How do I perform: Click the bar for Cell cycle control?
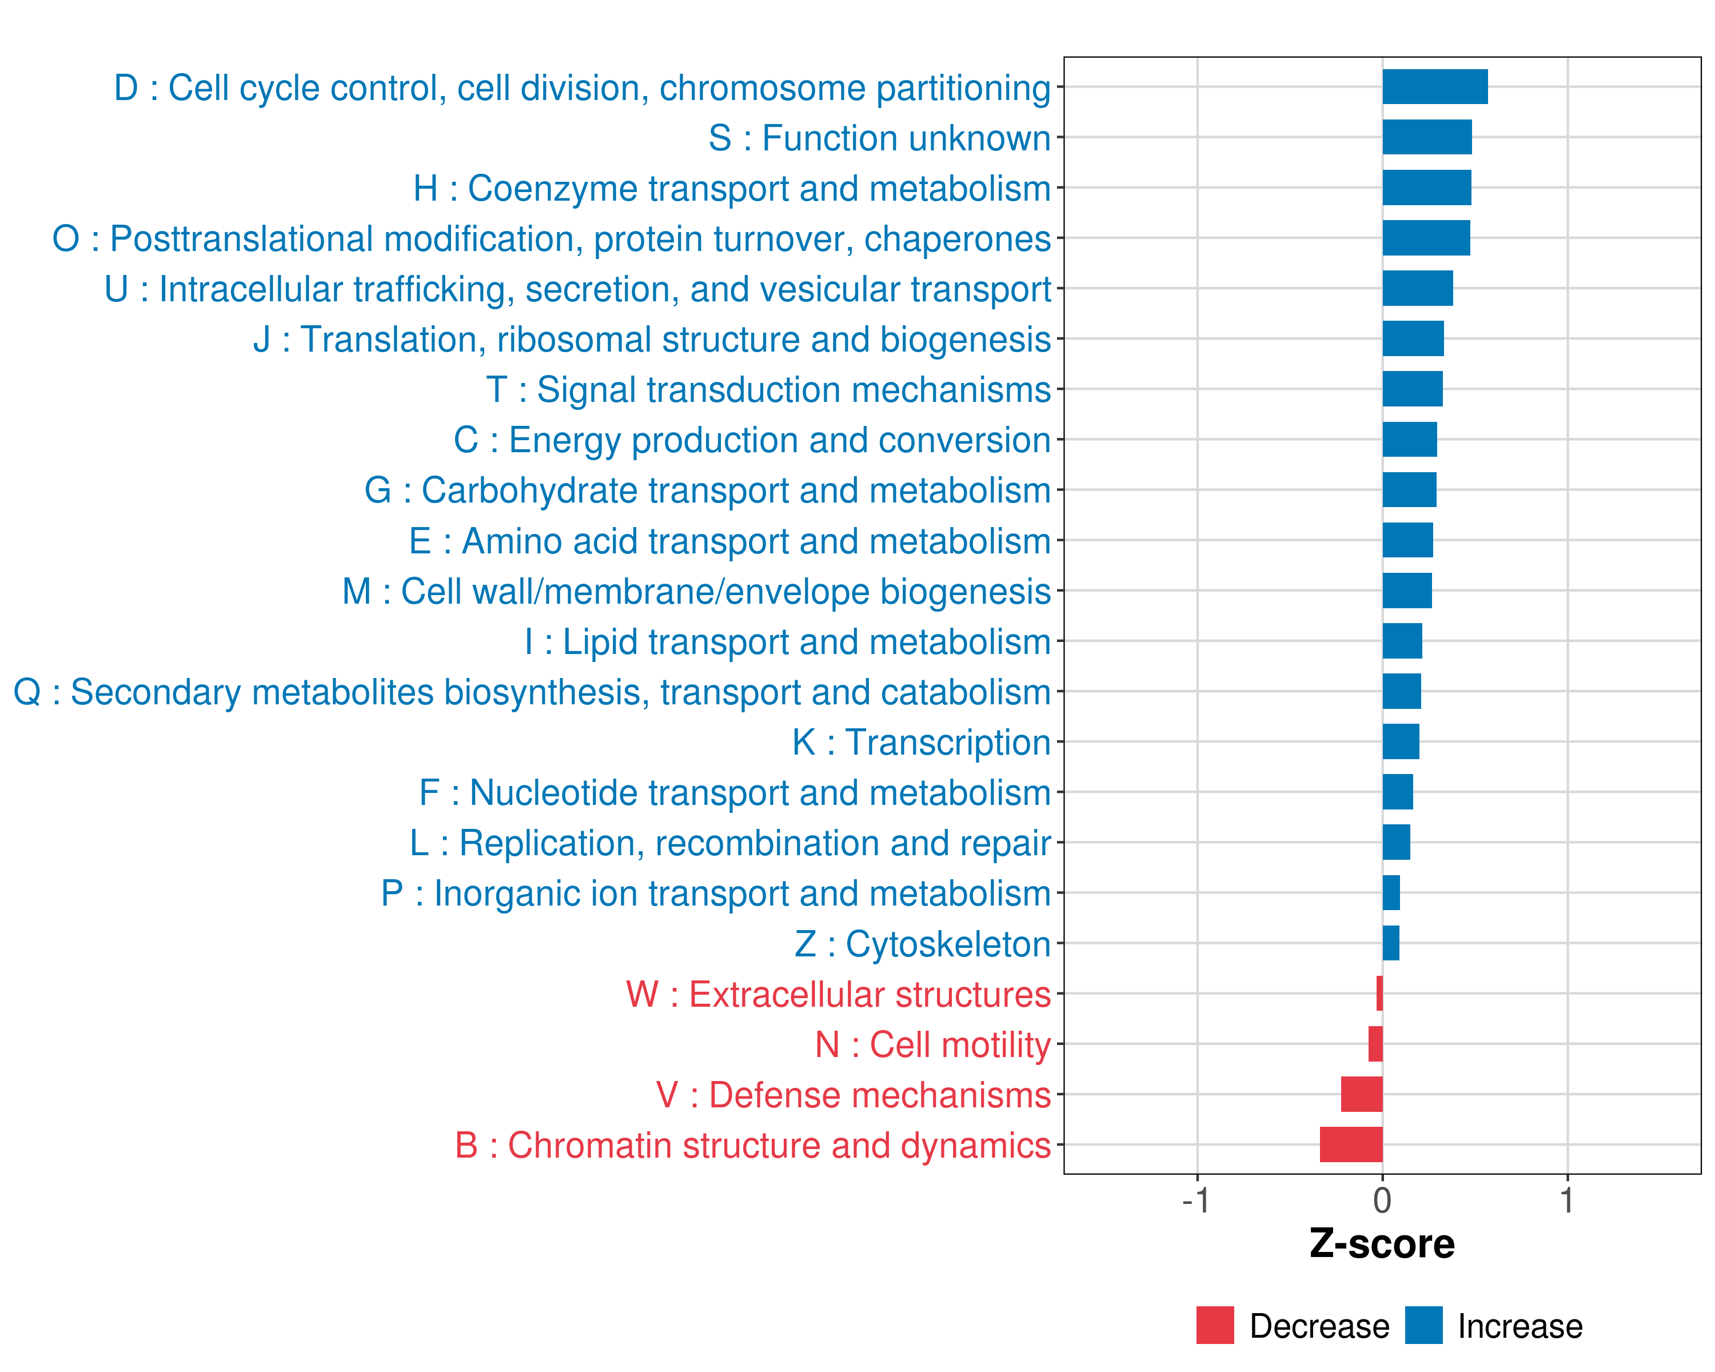tap(1434, 87)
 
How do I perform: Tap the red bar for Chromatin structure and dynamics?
tap(1351, 1144)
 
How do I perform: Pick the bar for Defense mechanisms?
tap(1361, 1094)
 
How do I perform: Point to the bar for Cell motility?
tap(1375, 1043)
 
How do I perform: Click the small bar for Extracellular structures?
tap(1379, 994)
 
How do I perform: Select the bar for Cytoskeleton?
tap(1390, 943)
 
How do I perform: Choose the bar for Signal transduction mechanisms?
tap(1412, 389)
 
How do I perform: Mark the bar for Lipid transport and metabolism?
tap(1402, 641)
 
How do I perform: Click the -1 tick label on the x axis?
tap(1195, 1201)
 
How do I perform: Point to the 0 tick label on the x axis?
tap(1382, 1201)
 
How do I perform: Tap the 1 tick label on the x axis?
tap(1566, 1201)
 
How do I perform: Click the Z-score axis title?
tap(1382, 1244)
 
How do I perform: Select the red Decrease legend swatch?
tap(1215, 1325)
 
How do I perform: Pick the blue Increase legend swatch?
tap(1423, 1325)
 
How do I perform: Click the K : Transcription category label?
tap(921, 742)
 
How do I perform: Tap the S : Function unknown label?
tap(879, 138)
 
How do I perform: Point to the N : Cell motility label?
tap(932, 1044)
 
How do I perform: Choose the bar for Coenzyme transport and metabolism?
tap(1426, 188)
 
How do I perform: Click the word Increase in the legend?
tap(1519, 1326)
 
